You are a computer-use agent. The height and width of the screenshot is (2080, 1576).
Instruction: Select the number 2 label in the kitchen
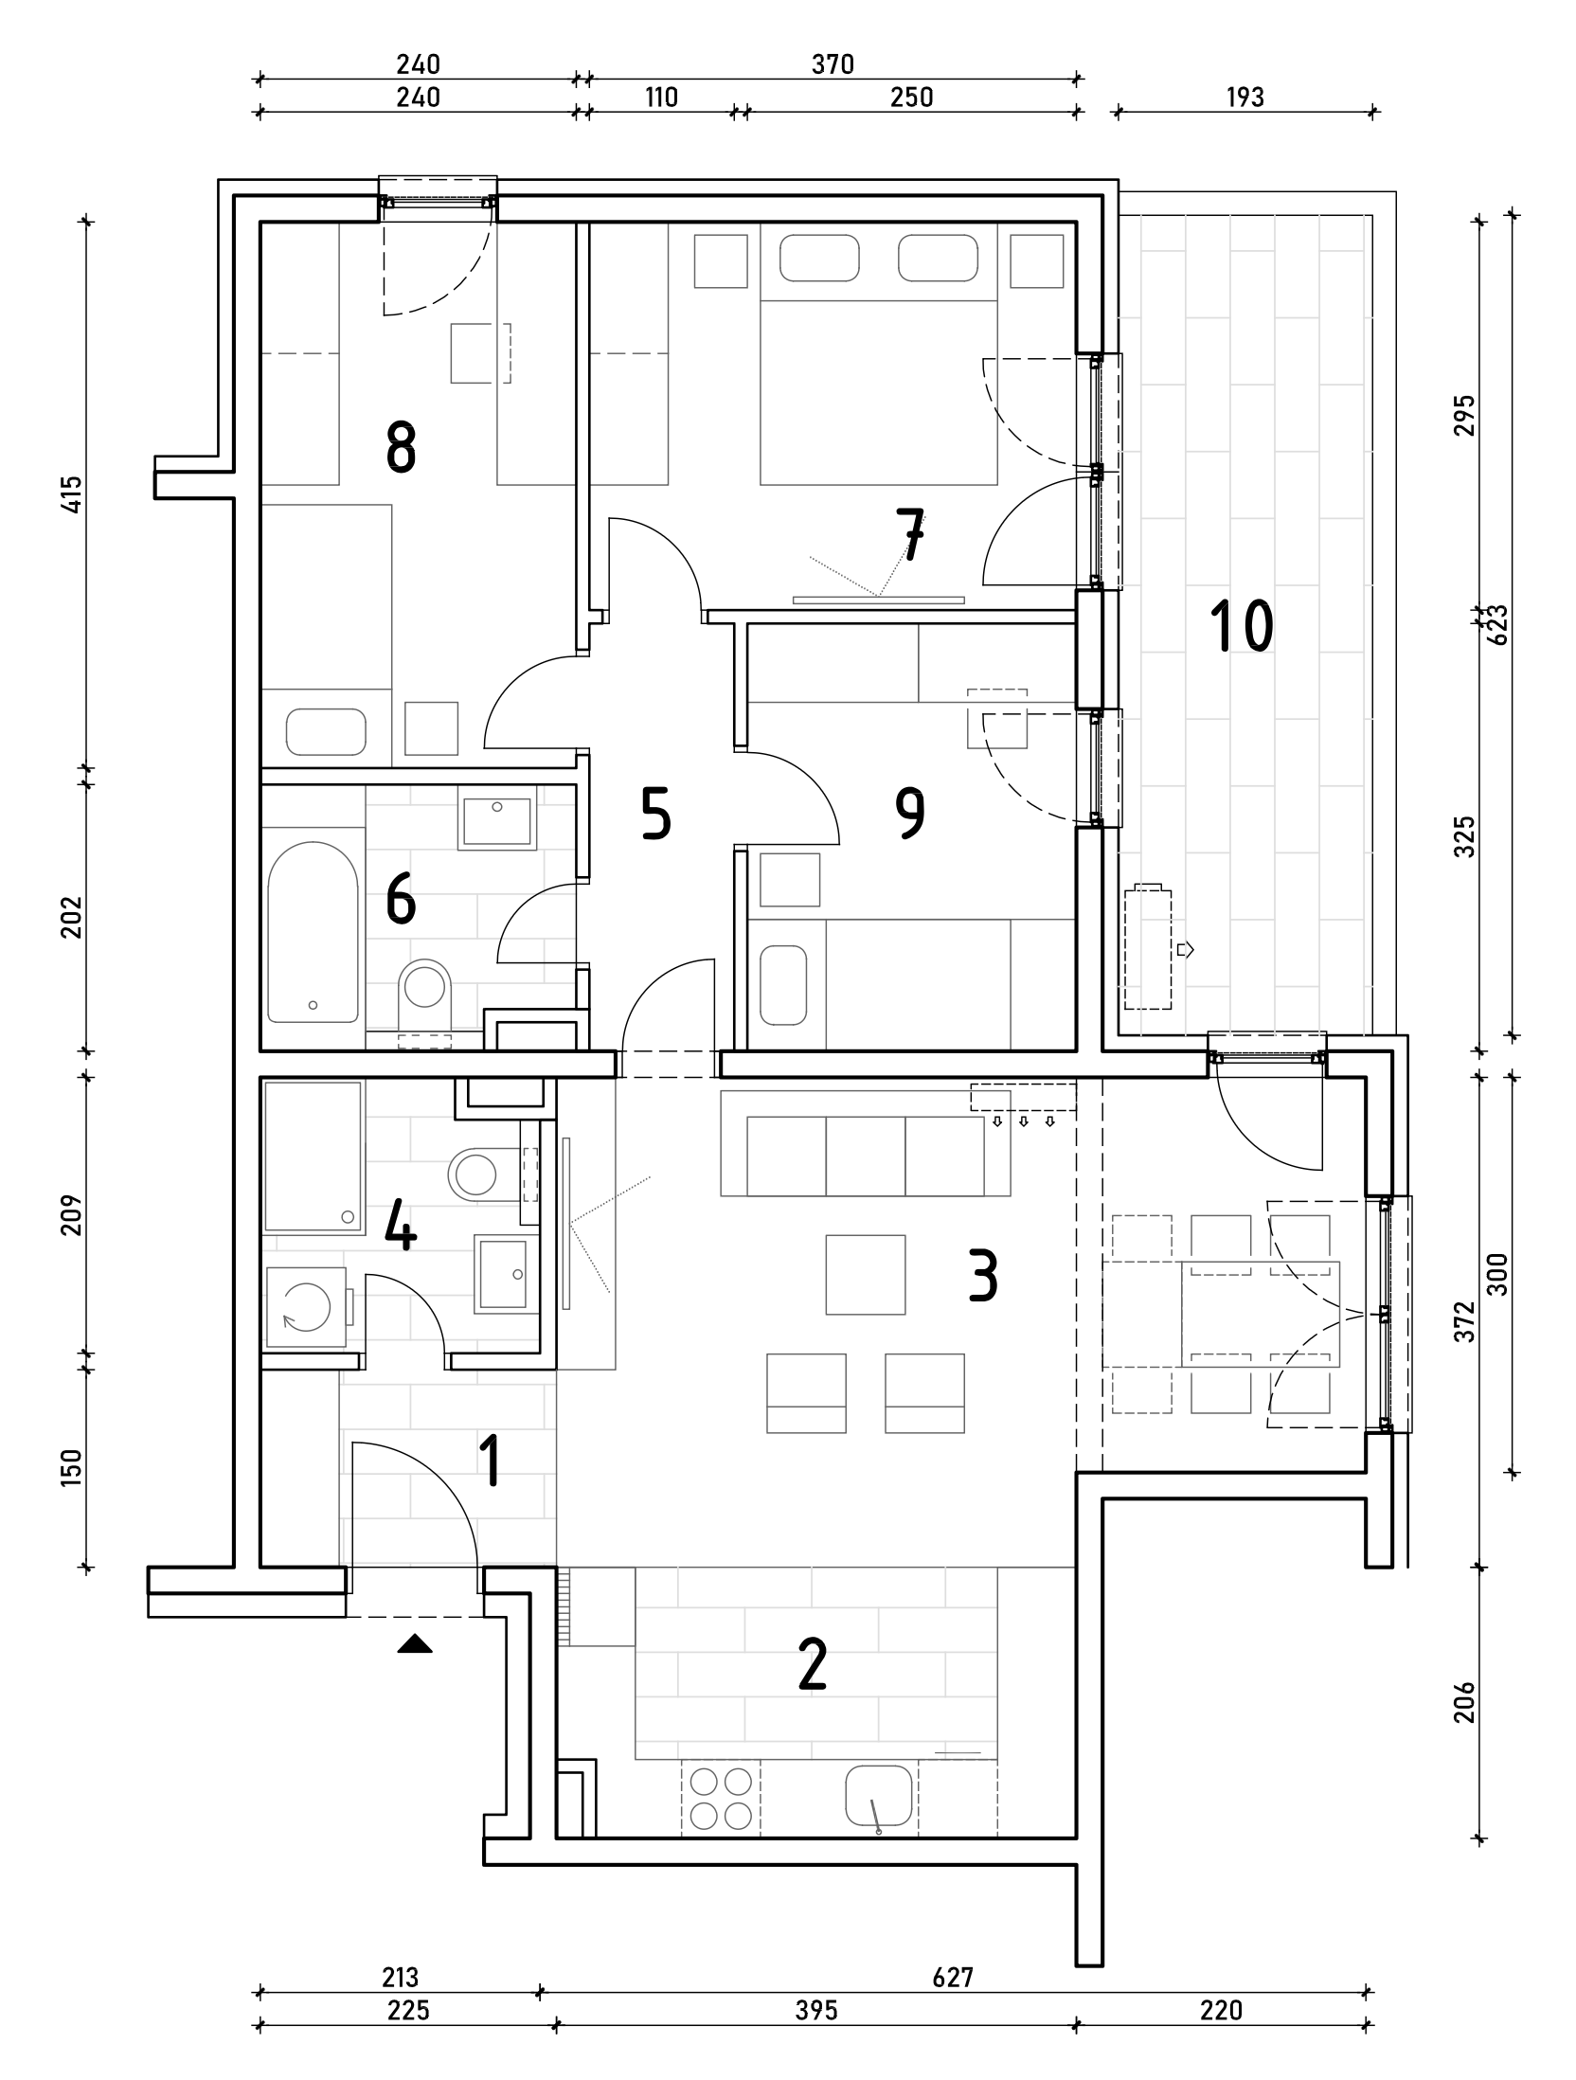point(813,1665)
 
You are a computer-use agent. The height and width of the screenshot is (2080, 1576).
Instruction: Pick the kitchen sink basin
point(880,1797)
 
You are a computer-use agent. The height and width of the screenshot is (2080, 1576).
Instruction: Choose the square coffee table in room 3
point(865,1274)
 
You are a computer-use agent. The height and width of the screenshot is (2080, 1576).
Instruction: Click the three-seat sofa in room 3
point(865,1155)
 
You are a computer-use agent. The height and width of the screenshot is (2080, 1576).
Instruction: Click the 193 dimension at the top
point(1245,98)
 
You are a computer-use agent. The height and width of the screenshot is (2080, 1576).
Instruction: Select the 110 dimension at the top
point(661,98)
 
